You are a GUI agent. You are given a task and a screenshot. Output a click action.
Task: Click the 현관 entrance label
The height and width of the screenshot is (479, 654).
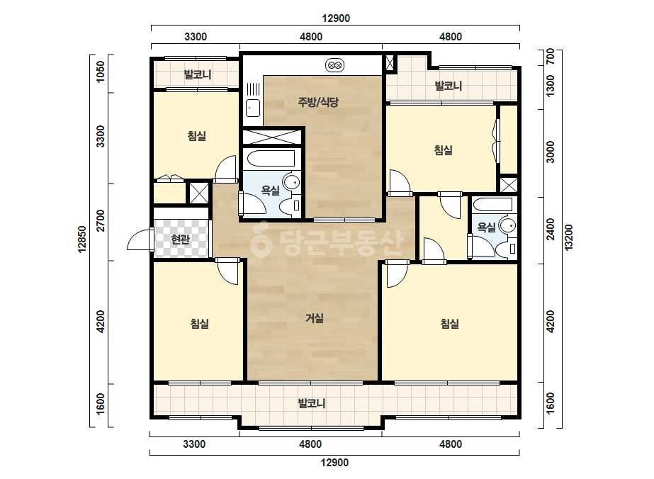click(x=180, y=239)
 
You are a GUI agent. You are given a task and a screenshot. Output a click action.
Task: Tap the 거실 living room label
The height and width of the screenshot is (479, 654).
click(x=315, y=318)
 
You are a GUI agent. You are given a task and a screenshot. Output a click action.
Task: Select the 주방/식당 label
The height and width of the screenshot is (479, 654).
click(x=318, y=102)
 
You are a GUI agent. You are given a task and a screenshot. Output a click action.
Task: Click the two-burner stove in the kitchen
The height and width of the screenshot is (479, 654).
click(x=334, y=65)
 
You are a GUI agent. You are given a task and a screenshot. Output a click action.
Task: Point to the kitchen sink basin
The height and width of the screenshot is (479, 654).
click(x=253, y=108)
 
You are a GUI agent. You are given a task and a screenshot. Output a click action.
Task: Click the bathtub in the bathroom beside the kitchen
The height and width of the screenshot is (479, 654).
click(x=271, y=159)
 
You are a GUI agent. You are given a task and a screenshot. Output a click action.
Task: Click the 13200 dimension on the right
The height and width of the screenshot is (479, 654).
click(x=568, y=237)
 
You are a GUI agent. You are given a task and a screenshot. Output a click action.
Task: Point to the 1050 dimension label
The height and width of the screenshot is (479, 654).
click(x=101, y=72)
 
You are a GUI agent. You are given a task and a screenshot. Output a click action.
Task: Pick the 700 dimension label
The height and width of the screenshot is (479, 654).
click(x=551, y=56)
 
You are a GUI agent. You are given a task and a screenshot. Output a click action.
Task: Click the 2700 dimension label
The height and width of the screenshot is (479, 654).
click(x=101, y=221)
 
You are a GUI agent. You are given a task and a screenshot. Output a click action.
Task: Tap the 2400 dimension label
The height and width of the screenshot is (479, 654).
click(x=551, y=229)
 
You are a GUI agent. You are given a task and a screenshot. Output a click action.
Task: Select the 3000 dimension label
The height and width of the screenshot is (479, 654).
click(x=551, y=152)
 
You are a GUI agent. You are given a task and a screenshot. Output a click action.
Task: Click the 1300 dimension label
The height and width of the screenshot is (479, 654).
click(x=551, y=86)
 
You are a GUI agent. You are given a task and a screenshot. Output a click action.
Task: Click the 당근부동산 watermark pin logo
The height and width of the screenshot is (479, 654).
click(x=261, y=240)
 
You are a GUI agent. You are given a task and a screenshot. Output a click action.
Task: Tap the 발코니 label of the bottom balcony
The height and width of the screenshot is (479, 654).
click(x=311, y=403)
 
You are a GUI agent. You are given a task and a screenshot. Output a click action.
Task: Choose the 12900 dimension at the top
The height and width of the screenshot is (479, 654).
click(x=336, y=18)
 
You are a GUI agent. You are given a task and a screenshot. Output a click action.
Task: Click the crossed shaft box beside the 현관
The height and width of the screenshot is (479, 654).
click(x=199, y=193)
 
